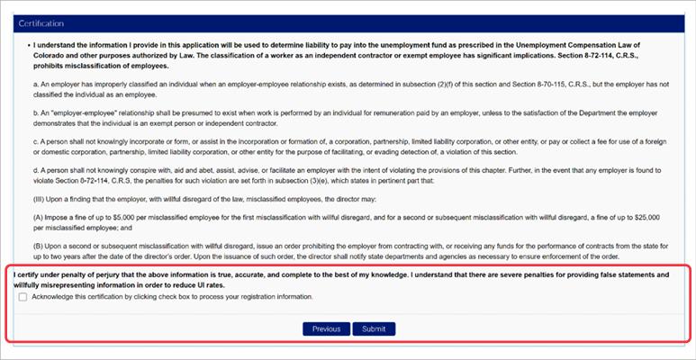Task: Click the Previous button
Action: click(x=326, y=328)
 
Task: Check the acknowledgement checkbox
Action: click(x=23, y=297)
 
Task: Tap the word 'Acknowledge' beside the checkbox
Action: click(x=52, y=297)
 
